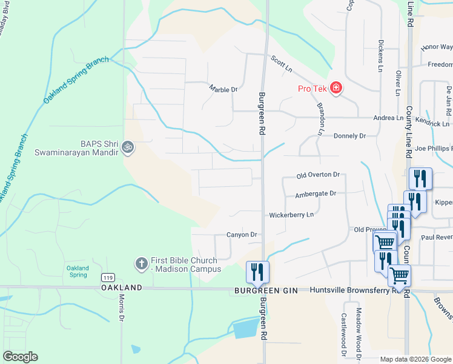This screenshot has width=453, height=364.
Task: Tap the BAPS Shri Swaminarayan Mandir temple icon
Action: click(x=128, y=146)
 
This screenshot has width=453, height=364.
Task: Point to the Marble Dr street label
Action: click(x=223, y=90)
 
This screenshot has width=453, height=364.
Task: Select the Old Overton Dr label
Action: click(x=318, y=175)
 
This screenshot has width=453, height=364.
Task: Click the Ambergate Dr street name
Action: click(x=315, y=194)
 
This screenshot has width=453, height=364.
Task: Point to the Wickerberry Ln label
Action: click(x=292, y=215)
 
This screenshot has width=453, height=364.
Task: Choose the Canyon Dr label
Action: click(x=242, y=235)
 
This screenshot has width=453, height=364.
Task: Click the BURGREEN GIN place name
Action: click(x=266, y=291)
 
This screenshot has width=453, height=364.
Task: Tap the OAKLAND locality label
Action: click(x=122, y=288)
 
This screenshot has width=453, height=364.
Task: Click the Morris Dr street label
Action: click(x=122, y=308)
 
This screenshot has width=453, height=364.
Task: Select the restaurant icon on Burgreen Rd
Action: click(x=257, y=272)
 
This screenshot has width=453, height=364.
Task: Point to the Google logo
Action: click(x=20, y=357)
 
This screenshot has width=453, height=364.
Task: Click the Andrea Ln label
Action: click(x=388, y=118)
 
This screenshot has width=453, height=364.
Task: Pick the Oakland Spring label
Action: click(x=78, y=271)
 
